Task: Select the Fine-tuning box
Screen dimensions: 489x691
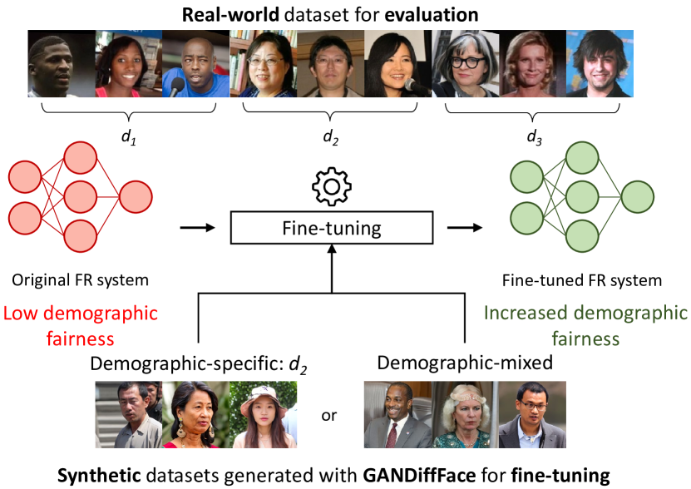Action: click(332, 226)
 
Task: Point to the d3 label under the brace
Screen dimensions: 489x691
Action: click(531, 138)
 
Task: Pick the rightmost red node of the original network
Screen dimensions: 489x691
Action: click(136, 197)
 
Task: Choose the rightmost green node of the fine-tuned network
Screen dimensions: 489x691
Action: click(637, 197)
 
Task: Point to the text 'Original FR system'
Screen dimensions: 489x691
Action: click(80, 281)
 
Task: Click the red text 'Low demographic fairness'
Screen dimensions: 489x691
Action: click(81, 325)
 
